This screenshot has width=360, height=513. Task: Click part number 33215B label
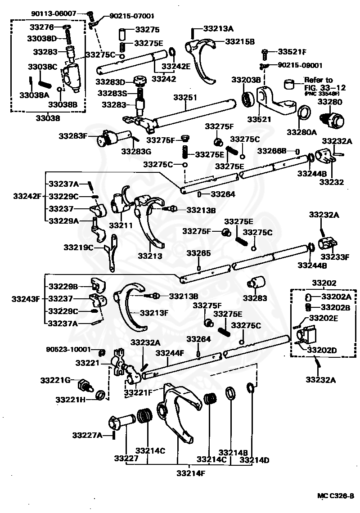point(240,41)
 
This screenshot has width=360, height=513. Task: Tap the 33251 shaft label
point(185,97)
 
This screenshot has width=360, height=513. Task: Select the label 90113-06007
point(54,13)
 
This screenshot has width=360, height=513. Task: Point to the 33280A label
point(302,132)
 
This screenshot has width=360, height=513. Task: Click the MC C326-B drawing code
point(335,496)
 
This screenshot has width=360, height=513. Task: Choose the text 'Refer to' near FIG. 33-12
point(319,80)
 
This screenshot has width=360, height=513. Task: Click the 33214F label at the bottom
point(191,473)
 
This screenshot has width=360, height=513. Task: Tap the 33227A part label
point(87,435)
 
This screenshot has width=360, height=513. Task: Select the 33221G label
point(55,380)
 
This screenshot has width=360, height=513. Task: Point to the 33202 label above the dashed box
point(324,283)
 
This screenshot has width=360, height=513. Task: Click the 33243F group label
point(26,299)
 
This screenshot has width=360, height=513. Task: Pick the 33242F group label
point(27,196)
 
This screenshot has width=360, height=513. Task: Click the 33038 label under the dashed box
point(48,118)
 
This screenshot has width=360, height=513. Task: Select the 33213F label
point(154,313)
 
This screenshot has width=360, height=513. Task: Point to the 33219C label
point(79,247)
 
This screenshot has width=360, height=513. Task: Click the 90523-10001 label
point(68,349)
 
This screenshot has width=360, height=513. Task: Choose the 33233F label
point(335,257)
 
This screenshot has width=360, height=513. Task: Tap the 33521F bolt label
point(292,52)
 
